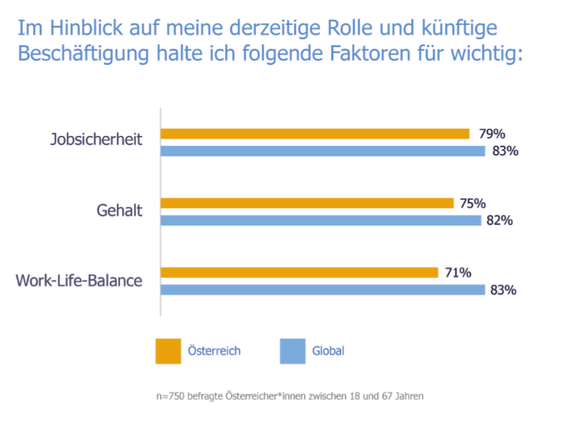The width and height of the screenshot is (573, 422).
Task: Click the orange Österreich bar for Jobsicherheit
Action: (314, 134)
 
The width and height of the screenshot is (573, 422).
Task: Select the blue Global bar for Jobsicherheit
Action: (322, 151)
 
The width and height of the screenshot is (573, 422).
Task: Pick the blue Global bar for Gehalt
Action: (320, 220)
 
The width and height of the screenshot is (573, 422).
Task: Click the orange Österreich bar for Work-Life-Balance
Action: (299, 273)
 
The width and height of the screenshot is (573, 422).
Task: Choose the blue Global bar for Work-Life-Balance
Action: (322, 290)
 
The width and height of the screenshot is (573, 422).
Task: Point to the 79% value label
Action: (492, 134)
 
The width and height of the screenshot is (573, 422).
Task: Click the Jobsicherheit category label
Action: (95, 139)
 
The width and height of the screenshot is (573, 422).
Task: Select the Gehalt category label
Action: (119, 210)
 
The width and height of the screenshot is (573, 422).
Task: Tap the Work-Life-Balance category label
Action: (79, 280)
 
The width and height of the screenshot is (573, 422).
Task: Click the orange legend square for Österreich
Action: (168, 351)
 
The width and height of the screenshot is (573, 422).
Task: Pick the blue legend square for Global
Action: (292, 351)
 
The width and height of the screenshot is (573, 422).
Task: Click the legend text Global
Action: (328, 351)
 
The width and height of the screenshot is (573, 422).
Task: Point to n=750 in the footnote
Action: (171, 394)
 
